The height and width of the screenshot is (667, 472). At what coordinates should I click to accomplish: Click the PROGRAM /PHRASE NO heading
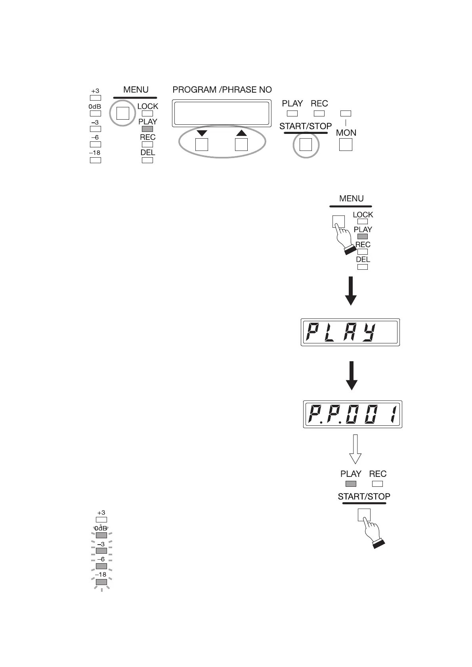[222, 90]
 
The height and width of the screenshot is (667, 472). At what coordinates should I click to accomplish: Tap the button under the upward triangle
[241, 145]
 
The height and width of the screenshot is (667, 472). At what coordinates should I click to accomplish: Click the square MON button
[346, 145]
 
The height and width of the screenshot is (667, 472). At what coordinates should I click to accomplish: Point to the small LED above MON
[346, 114]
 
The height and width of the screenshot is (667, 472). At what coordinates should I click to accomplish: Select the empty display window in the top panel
[222, 113]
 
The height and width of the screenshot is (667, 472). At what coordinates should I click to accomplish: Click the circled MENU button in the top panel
[123, 113]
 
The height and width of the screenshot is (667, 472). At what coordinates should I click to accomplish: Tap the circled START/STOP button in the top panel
[306, 145]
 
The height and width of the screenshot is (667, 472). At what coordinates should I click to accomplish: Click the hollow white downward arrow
[355, 449]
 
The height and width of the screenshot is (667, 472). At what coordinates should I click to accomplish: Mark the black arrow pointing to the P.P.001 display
[352, 375]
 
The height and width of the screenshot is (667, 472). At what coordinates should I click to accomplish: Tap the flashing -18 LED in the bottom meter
[101, 582]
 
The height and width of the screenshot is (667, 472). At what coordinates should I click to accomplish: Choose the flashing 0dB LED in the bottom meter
[101, 536]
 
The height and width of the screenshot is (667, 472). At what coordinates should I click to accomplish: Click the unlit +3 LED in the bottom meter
[101, 520]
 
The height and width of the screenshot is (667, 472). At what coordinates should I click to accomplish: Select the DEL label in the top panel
[147, 153]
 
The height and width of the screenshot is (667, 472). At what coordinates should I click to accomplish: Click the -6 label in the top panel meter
[95, 137]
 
